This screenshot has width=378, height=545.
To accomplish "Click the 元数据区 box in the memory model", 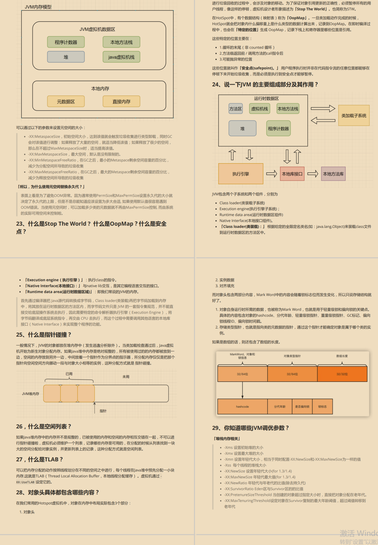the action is pyautogui.click(x=66, y=102).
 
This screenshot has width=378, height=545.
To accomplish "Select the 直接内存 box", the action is pyautogui.click(x=121, y=102).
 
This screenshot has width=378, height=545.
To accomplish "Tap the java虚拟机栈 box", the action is pyautogui.click(x=121, y=57).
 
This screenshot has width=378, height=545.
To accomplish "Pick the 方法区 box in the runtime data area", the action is pyautogui.click(x=236, y=109).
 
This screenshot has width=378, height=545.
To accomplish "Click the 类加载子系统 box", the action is pyautogui.click(x=354, y=116).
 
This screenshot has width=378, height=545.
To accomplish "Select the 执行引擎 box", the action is pyautogui.click(x=241, y=174).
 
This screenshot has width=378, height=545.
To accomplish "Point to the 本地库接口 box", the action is pyautogui.click(x=292, y=174).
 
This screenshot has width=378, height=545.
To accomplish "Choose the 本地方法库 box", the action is pyautogui.click(x=333, y=174).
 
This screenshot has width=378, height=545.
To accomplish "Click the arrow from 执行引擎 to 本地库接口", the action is pyautogui.click(x=272, y=174).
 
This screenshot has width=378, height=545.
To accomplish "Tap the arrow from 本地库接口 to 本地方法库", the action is pyautogui.click(x=313, y=174).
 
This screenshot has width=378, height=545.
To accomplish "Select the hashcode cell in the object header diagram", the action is pyautogui.click(x=242, y=406).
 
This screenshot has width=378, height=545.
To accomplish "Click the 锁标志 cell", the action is pyautogui.click(x=322, y=406).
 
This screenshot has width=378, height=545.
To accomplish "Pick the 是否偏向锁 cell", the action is pyautogui.click(x=302, y=406).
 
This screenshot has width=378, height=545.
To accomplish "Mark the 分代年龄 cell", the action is pyautogui.click(x=280, y=406).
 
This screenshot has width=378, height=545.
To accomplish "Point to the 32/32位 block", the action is pyautogui.click(x=342, y=374).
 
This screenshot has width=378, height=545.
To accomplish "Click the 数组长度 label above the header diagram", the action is pyautogui.click(x=342, y=356).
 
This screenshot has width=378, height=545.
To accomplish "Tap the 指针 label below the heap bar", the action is pyautogui.click(x=103, y=411).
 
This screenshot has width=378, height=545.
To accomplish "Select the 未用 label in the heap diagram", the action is pyautogui.click(x=126, y=377).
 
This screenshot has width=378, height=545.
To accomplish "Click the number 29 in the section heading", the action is pyautogui.click(x=215, y=428).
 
